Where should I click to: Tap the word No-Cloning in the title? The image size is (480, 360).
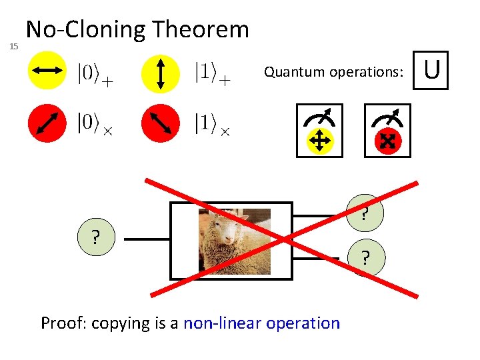point(86,29)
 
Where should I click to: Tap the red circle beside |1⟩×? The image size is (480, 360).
point(161,124)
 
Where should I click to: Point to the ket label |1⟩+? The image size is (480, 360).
point(212,72)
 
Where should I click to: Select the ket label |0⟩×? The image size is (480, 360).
point(94,123)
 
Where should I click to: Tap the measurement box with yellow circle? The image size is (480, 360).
point(319,130)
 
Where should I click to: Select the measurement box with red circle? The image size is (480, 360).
point(387,130)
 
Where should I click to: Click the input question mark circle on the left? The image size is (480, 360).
point(97,237)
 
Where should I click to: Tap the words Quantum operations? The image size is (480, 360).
point(333,72)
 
